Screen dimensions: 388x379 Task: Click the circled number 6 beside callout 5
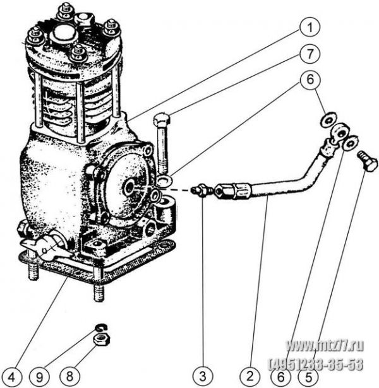279,377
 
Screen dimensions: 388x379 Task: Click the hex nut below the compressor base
100,341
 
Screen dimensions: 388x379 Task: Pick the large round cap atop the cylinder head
63,34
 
